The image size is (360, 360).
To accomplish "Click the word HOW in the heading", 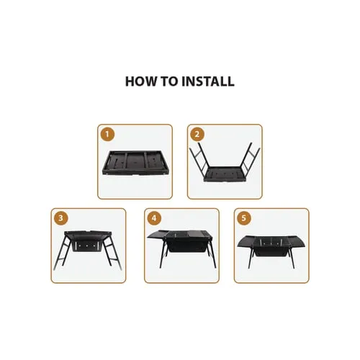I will click(140, 81).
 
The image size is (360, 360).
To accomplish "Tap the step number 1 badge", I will click(108, 135).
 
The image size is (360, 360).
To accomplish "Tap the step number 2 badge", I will click(198, 135).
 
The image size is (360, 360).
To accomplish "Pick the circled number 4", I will click(153, 219).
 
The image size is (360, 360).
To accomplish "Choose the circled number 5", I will click(244, 219).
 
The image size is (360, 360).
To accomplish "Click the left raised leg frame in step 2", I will click(201, 162).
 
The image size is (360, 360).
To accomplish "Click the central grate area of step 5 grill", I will click(271, 241).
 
